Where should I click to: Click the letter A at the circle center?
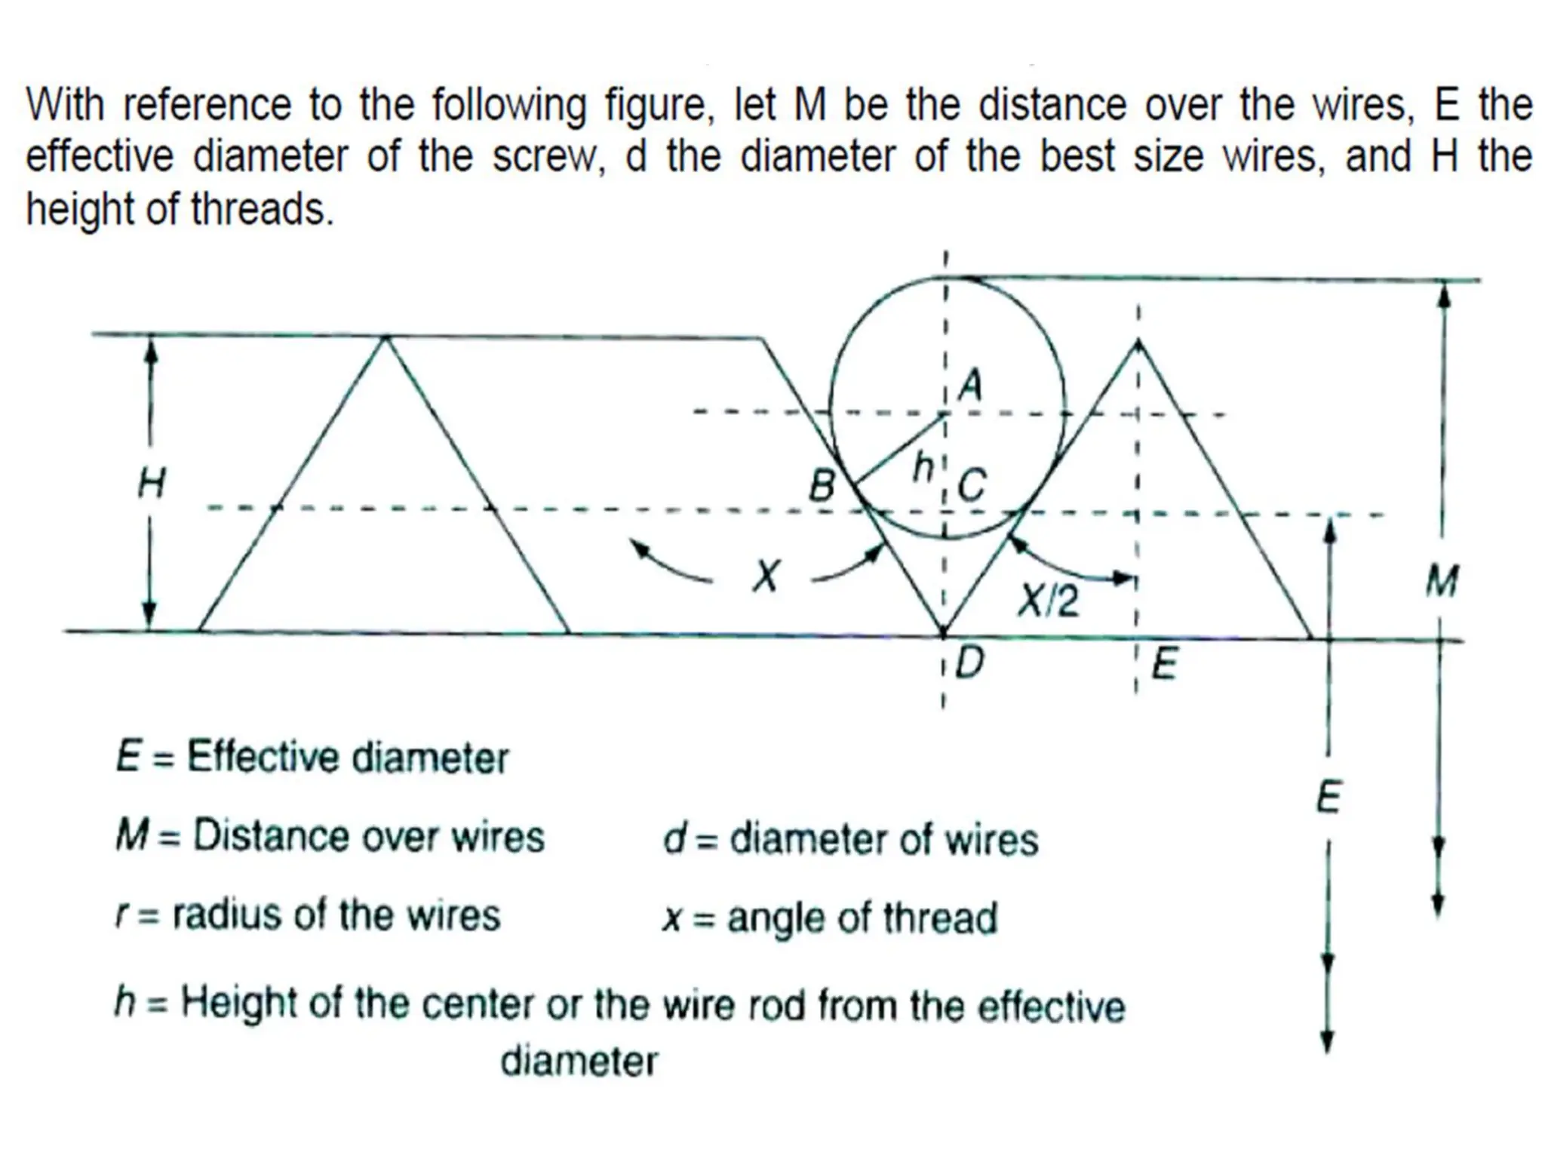click(971, 386)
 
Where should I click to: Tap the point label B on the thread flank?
click(822, 486)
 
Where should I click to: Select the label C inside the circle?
click(972, 485)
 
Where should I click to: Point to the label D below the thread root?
click(970, 664)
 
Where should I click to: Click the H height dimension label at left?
click(151, 483)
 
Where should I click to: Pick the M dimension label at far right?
click(1442, 582)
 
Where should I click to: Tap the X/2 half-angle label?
click(1049, 601)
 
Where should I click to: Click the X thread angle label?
click(766, 577)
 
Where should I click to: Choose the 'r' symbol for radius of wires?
click(121, 916)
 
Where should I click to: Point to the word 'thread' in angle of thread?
click(940, 918)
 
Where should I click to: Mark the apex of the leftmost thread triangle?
click(386, 337)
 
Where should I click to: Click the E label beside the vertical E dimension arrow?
click(1328, 798)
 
